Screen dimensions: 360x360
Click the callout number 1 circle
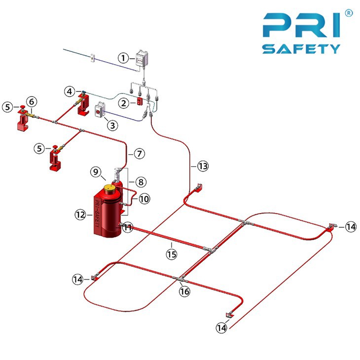point(123,58)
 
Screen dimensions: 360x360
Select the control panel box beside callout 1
point(143,59)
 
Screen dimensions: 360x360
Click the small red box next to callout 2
point(140,102)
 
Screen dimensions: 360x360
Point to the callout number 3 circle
point(113,125)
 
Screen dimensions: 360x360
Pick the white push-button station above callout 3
point(100,110)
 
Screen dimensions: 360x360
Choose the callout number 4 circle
point(71,91)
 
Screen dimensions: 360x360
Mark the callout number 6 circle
point(31,101)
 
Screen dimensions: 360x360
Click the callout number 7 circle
point(140,154)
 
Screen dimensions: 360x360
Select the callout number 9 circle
point(97,172)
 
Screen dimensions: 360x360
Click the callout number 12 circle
point(80,215)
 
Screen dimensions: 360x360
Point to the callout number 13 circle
point(203,166)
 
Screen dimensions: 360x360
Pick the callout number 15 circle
point(171,254)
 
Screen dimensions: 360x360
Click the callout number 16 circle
point(184,291)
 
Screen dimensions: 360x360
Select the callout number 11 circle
point(128,227)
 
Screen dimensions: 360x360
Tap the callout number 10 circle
point(144,198)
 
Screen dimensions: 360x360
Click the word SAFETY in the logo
point(301,48)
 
